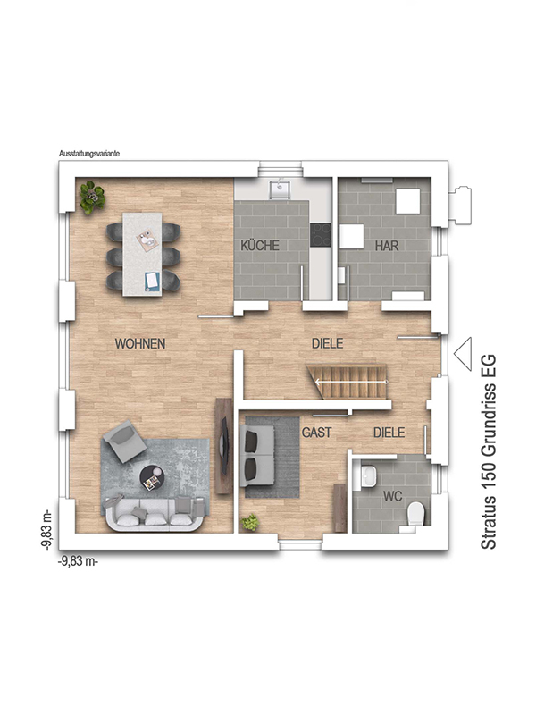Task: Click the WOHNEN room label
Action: point(140,343)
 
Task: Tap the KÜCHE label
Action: point(260,245)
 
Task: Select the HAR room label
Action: point(386,245)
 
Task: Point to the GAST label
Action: point(316,432)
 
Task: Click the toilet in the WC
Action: point(415,514)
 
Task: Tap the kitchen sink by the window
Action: point(281,189)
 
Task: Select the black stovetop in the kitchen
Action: point(320,234)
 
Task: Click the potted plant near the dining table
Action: point(90,197)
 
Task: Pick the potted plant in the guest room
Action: point(251,522)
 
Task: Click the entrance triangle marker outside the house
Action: point(464,353)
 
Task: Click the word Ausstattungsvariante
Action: point(88,154)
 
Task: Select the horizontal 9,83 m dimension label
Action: point(79,561)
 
